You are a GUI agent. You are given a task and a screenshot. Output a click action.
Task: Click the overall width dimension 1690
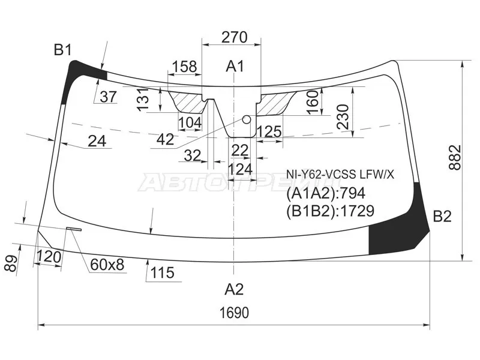[x=234, y=313]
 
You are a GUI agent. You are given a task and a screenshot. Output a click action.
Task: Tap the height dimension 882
[x=455, y=158]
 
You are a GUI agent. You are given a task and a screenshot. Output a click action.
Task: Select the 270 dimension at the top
[x=234, y=37]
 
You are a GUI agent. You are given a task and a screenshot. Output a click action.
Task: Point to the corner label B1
[x=63, y=50]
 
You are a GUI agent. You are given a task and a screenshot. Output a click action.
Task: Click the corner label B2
[x=442, y=217]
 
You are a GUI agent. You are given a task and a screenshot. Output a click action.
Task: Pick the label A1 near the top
[x=235, y=67]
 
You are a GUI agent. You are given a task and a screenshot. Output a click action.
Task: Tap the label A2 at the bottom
[x=234, y=289]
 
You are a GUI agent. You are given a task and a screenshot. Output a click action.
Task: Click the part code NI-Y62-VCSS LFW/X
[x=340, y=175]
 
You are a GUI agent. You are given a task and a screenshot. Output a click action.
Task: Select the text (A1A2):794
[x=326, y=193]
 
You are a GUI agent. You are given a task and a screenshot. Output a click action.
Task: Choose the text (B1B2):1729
[x=331, y=211]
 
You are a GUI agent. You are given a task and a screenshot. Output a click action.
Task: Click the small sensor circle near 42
[x=247, y=119]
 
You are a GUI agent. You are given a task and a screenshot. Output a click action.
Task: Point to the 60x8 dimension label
[x=107, y=265]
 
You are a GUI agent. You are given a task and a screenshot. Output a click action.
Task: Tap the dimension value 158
[x=184, y=67]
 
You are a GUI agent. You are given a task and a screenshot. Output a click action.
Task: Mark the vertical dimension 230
[x=343, y=117]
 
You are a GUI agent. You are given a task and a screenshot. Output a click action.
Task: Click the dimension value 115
[x=162, y=272]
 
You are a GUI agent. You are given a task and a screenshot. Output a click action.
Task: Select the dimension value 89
[x=11, y=263]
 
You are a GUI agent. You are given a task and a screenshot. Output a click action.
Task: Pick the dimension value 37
[x=108, y=97]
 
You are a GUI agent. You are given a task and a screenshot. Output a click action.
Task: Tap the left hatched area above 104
[x=188, y=102]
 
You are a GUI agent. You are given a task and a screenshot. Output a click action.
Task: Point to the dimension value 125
[x=269, y=132]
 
